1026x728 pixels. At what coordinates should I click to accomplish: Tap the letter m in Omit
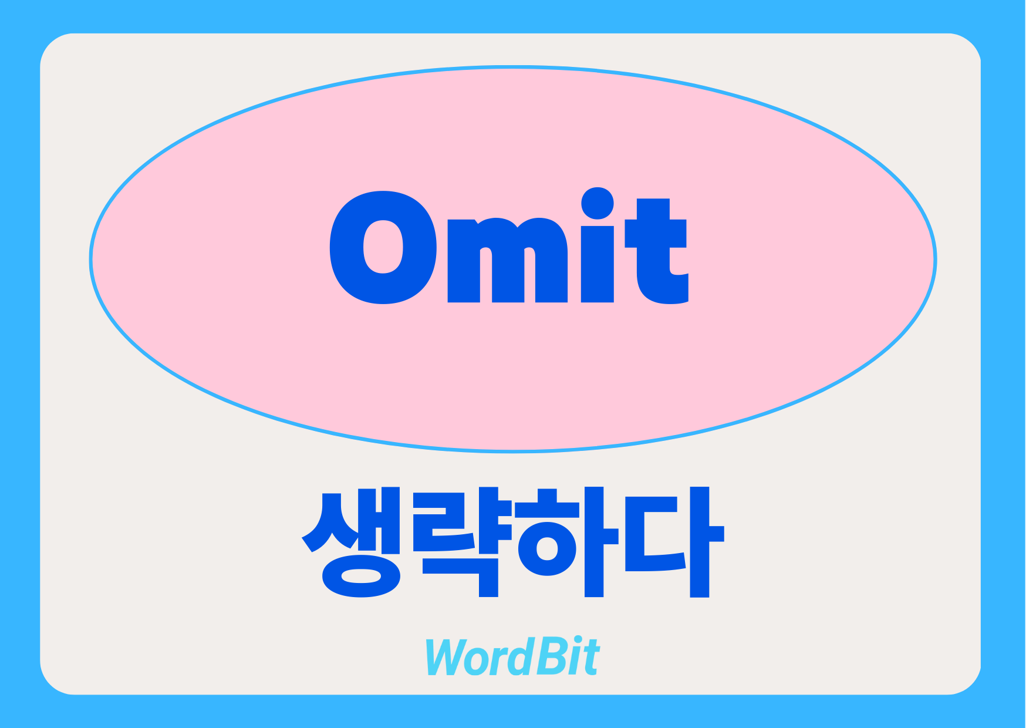[x=508, y=260]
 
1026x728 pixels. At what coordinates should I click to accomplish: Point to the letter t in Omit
[x=656, y=251]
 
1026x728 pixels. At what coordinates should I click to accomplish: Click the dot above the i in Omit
[x=598, y=204]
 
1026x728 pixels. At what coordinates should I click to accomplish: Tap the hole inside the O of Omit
[x=383, y=247]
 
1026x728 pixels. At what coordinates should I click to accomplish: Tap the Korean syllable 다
[x=674, y=541]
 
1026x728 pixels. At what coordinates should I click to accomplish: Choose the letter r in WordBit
[x=497, y=661]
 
